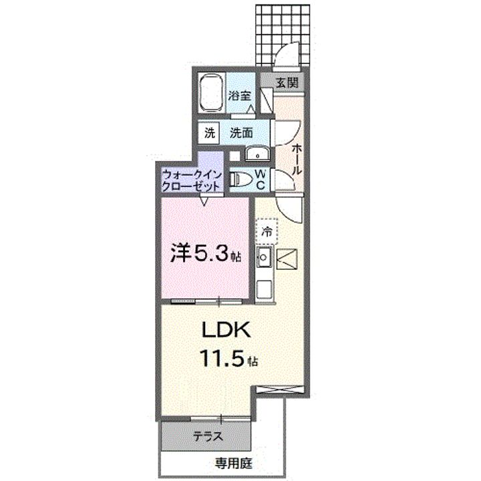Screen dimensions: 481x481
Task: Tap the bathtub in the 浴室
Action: (212, 94)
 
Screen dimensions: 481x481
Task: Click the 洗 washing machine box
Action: (210, 132)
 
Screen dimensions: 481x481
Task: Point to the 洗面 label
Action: (240, 132)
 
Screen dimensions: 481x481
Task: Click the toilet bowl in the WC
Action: (238, 179)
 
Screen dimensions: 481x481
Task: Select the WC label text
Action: (261, 178)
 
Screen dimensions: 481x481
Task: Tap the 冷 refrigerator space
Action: (267, 233)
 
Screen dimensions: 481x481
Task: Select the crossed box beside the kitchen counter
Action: (287, 257)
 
